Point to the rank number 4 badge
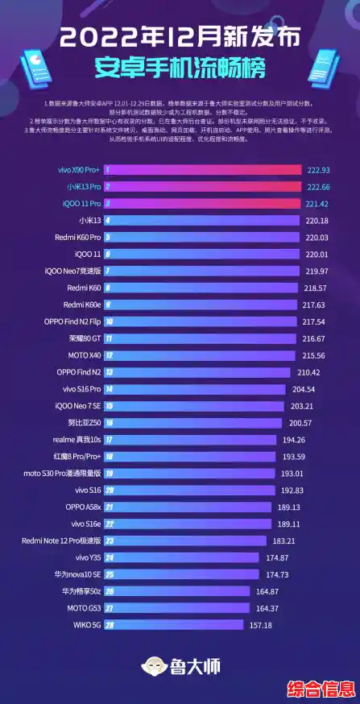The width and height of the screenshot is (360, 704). coord(107,220)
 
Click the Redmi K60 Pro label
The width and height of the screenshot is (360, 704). coord(78,237)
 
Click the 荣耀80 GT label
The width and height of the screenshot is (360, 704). coord(84,338)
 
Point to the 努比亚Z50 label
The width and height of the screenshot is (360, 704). coord(84,422)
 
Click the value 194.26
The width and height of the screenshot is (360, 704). coord(298,439)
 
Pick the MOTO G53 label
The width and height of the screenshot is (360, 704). coord(82,608)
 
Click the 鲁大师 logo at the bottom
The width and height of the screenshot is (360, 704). coord(180,666)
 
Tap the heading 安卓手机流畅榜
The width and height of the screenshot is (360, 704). coord(180,65)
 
